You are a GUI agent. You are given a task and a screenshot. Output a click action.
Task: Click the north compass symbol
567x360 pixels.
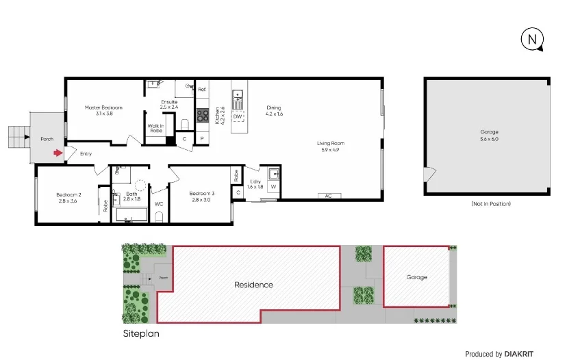pyautogui.click(x=532, y=40)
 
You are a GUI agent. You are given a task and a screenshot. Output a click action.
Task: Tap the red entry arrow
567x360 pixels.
pyautogui.click(x=58, y=153)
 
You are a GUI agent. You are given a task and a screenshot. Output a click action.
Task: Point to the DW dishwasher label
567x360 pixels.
pyautogui.click(x=238, y=117)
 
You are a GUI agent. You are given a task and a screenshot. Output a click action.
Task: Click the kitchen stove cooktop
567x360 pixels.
pyautogui.click(x=203, y=116)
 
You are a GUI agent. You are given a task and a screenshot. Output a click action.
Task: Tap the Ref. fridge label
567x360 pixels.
pyautogui.click(x=202, y=90)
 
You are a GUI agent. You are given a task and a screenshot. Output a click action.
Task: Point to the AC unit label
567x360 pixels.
pyautogui.click(x=328, y=196)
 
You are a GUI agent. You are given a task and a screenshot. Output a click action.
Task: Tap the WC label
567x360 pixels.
pyautogui.click(x=159, y=204)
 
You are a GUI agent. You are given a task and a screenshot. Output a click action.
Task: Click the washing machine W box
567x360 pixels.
pyautogui.click(x=273, y=186)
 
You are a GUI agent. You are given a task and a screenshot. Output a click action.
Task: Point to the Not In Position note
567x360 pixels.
pyautogui.click(x=490, y=204)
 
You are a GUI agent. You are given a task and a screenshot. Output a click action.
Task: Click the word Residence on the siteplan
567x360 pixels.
pyautogui.click(x=253, y=285)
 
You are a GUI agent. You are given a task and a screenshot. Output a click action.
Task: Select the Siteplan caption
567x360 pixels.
pyautogui.click(x=140, y=335)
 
